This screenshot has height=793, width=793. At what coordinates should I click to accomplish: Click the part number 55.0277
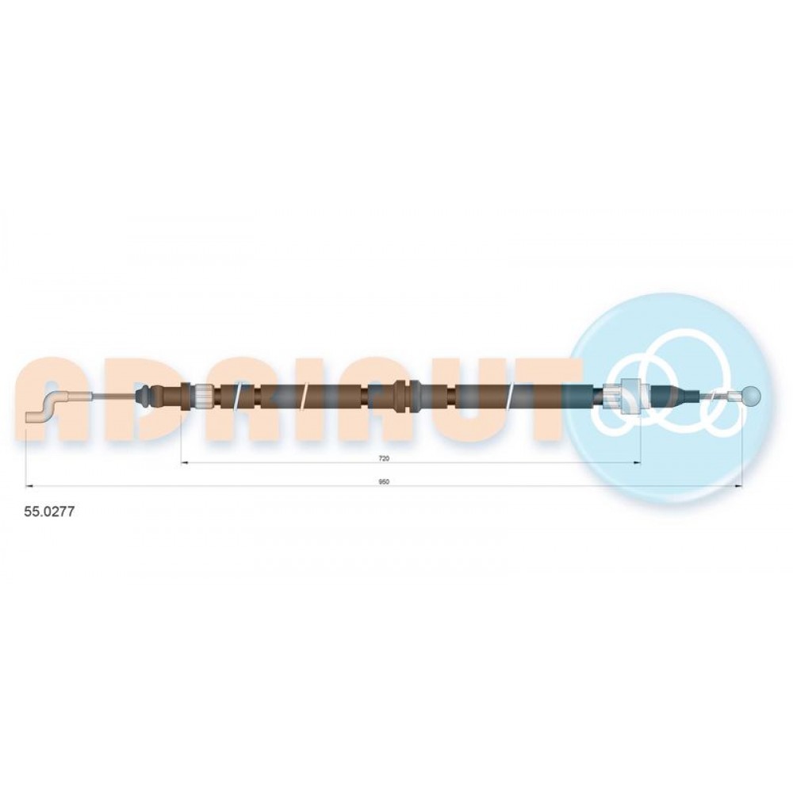click(49, 511)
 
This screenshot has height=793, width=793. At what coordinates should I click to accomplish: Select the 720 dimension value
click(384, 458)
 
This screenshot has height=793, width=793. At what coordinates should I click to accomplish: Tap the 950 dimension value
click(384, 482)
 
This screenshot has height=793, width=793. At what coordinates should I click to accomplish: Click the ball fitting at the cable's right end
click(753, 396)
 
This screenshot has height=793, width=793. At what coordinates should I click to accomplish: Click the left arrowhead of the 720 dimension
click(185, 463)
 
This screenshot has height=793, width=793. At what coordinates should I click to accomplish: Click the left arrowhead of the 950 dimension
click(29, 486)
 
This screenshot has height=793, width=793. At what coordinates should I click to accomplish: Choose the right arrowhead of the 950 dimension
click(738, 486)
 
